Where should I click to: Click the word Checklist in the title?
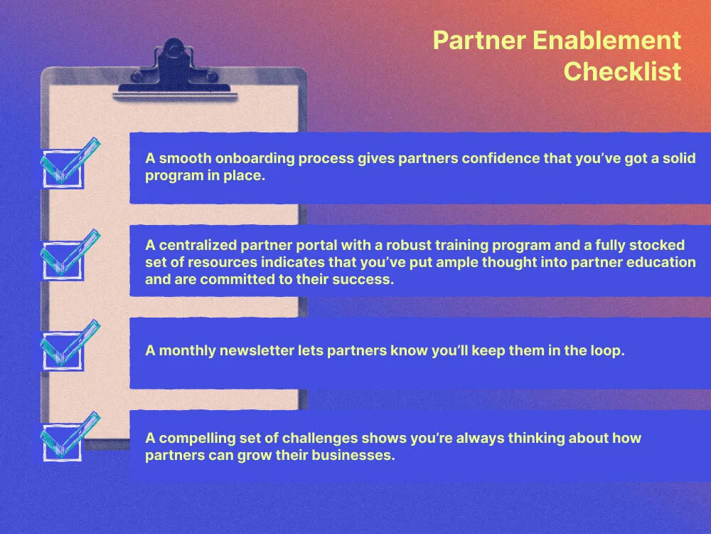tap(622, 72)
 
